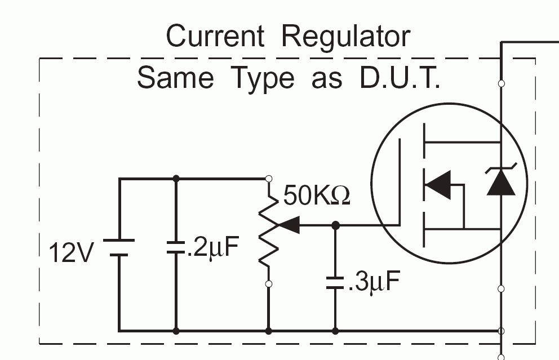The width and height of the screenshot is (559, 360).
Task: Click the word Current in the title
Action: pos(215,37)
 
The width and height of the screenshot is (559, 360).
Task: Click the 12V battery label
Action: pos(70,254)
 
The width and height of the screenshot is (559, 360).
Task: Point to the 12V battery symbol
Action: pos(119,247)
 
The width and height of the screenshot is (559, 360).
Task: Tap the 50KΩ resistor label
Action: pos(316,196)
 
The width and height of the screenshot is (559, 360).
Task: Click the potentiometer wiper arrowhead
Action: pos(289,225)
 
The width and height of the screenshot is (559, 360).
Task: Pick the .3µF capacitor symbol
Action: pos(335,282)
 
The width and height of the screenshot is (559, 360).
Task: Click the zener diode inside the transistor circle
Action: pos(500,181)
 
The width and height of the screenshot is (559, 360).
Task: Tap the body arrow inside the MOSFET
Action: pos(438,185)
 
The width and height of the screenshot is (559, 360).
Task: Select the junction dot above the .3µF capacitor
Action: pos(335,225)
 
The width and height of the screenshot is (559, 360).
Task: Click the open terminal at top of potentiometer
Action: pos(269,179)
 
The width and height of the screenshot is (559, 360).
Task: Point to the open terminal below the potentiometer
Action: pos(269,284)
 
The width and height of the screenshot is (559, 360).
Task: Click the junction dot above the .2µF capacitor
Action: pos(176,179)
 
